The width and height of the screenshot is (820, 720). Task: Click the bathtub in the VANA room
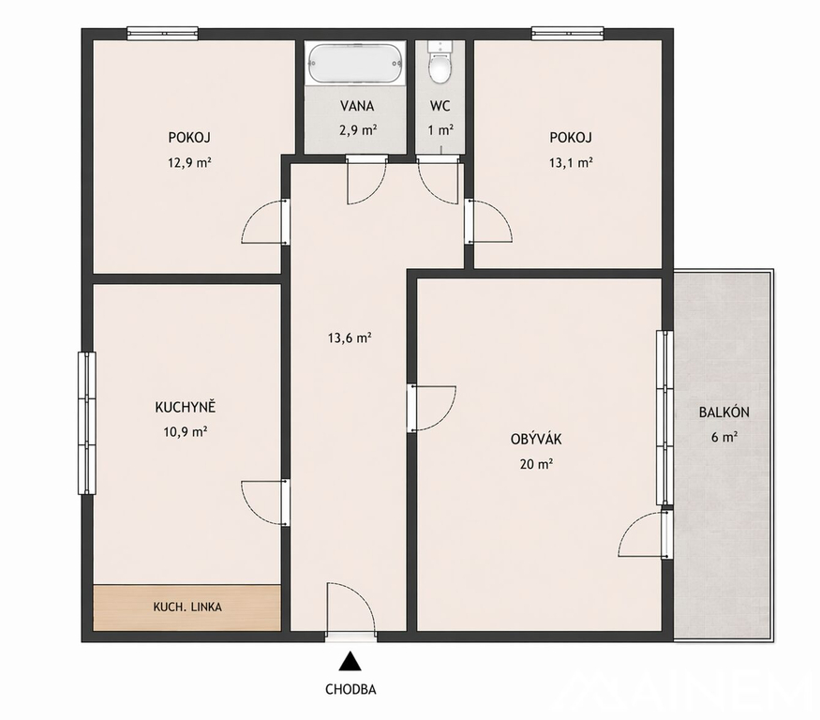[356, 64]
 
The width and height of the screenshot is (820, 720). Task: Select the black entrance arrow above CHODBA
[350, 661]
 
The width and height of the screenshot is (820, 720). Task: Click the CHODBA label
[350, 689]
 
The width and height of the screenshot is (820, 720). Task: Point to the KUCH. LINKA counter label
[187, 607]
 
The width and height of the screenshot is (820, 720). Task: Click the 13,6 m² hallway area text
[350, 337]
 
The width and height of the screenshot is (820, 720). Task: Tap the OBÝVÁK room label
[536, 439]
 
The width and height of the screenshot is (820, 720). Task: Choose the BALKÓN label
[723, 412]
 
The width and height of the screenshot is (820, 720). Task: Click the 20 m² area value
[537, 464]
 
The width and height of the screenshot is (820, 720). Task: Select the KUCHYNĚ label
[186, 407]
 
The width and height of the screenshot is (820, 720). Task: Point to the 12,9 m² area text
[189, 162]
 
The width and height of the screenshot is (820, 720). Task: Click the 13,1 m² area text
[571, 162]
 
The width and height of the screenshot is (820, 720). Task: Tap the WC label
[440, 106]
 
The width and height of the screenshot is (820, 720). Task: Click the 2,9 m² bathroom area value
[358, 129]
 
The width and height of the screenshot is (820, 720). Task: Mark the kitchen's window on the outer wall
[87, 423]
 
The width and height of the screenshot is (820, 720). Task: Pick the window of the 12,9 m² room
[163, 34]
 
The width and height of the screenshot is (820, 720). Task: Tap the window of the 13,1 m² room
[568, 34]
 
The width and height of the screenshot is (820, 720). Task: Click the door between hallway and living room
[431, 408]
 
